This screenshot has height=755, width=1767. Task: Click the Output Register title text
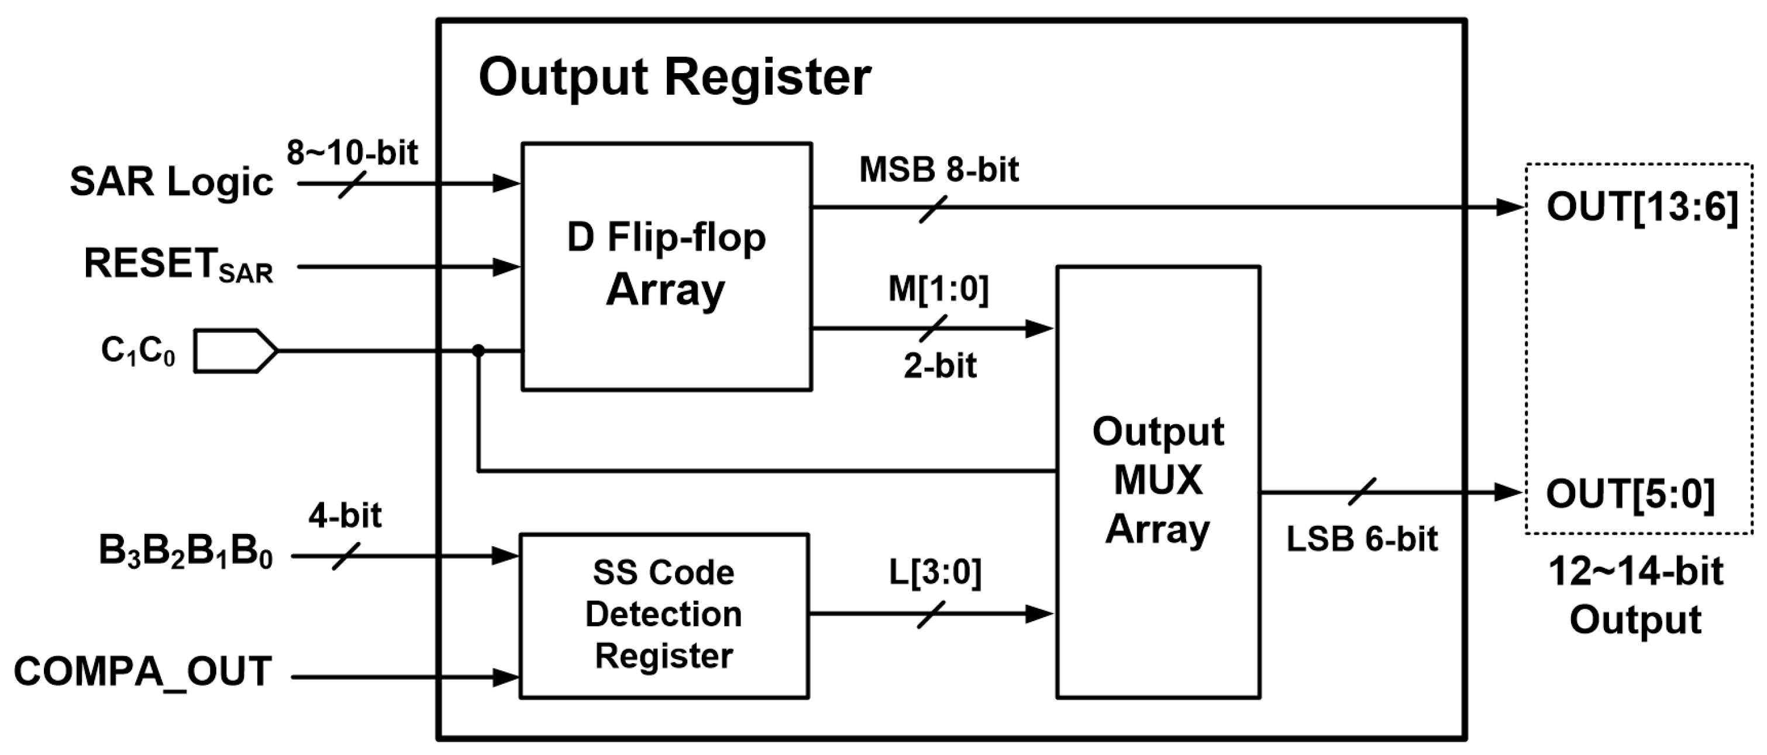[674, 77]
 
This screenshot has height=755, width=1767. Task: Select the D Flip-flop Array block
[666, 266]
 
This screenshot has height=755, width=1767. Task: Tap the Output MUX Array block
[1158, 481]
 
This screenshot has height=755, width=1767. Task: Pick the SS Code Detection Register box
[663, 615]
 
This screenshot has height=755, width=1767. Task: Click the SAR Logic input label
[171, 182]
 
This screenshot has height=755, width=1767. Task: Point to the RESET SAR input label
[178, 266]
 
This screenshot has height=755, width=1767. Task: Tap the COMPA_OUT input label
[143, 671]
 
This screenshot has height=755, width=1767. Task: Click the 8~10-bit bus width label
[352, 151]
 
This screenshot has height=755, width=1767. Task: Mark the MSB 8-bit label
[938, 170]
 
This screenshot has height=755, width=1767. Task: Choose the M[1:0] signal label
[938, 289]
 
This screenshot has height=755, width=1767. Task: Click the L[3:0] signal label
[935, 572]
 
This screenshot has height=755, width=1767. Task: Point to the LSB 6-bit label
[1362, 540]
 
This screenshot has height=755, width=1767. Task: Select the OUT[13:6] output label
[1641, 206]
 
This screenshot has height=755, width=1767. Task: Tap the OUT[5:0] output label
[1630, 494]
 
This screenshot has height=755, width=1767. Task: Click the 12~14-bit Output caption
[1635, 595]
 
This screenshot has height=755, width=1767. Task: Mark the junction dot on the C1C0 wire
[478, 351]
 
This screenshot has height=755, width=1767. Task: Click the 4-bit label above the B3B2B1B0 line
[345, 516]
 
